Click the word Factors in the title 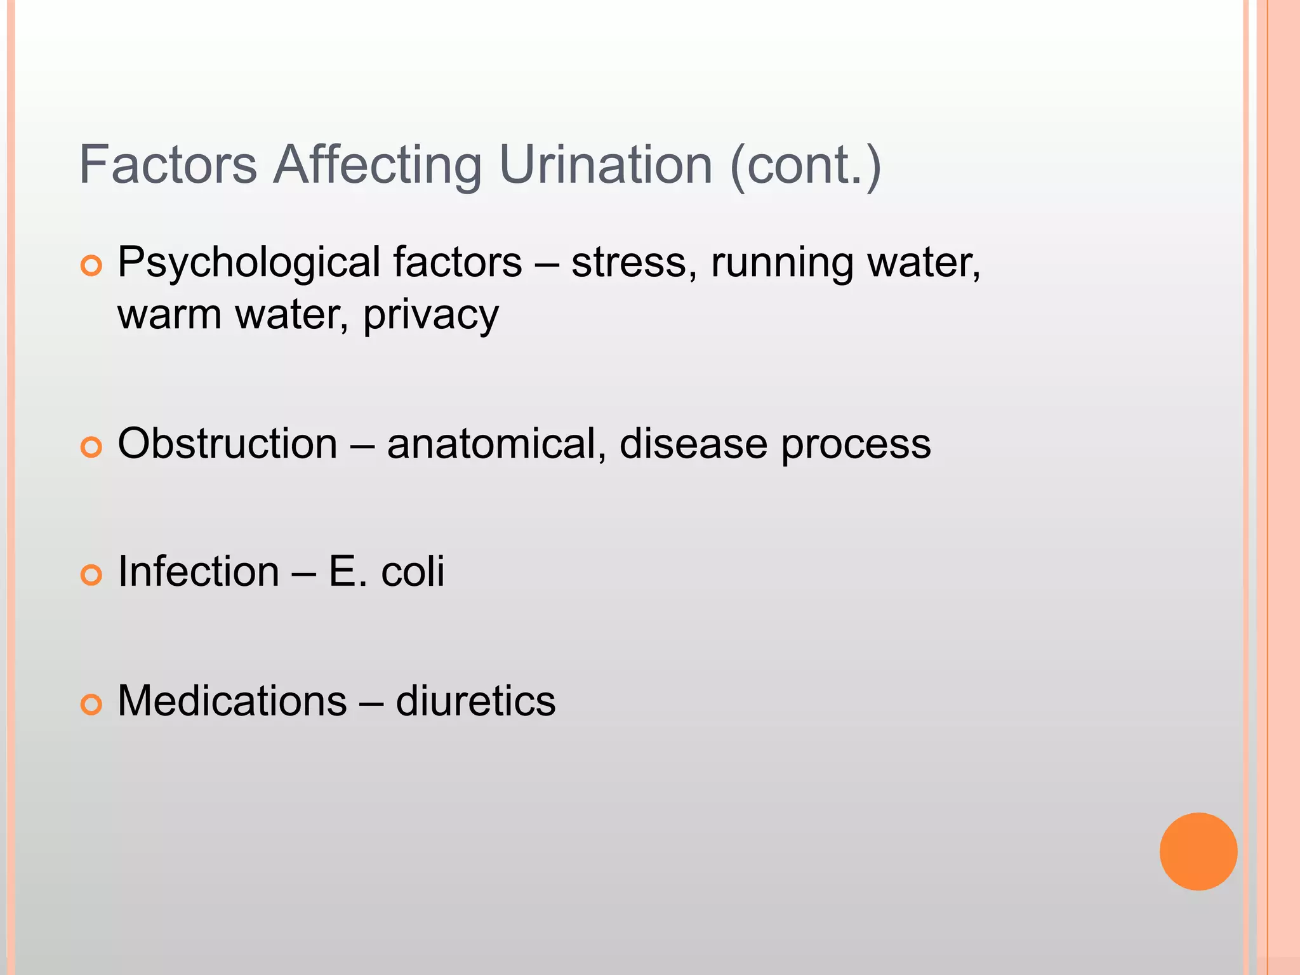click(168, 164)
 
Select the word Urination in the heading click(606, 164)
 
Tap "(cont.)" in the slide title click(806, 164)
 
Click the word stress click(629, 263)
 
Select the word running click(781, 263)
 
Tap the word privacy click(431, 315)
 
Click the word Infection click(199, 571)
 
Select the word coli click(413, 571)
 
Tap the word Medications click(232, 701)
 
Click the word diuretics click(475, 701)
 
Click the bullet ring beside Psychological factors click(91, 266)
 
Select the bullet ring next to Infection click(91, 575)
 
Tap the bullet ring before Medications click(91, 705)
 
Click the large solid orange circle click(1198, 851)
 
